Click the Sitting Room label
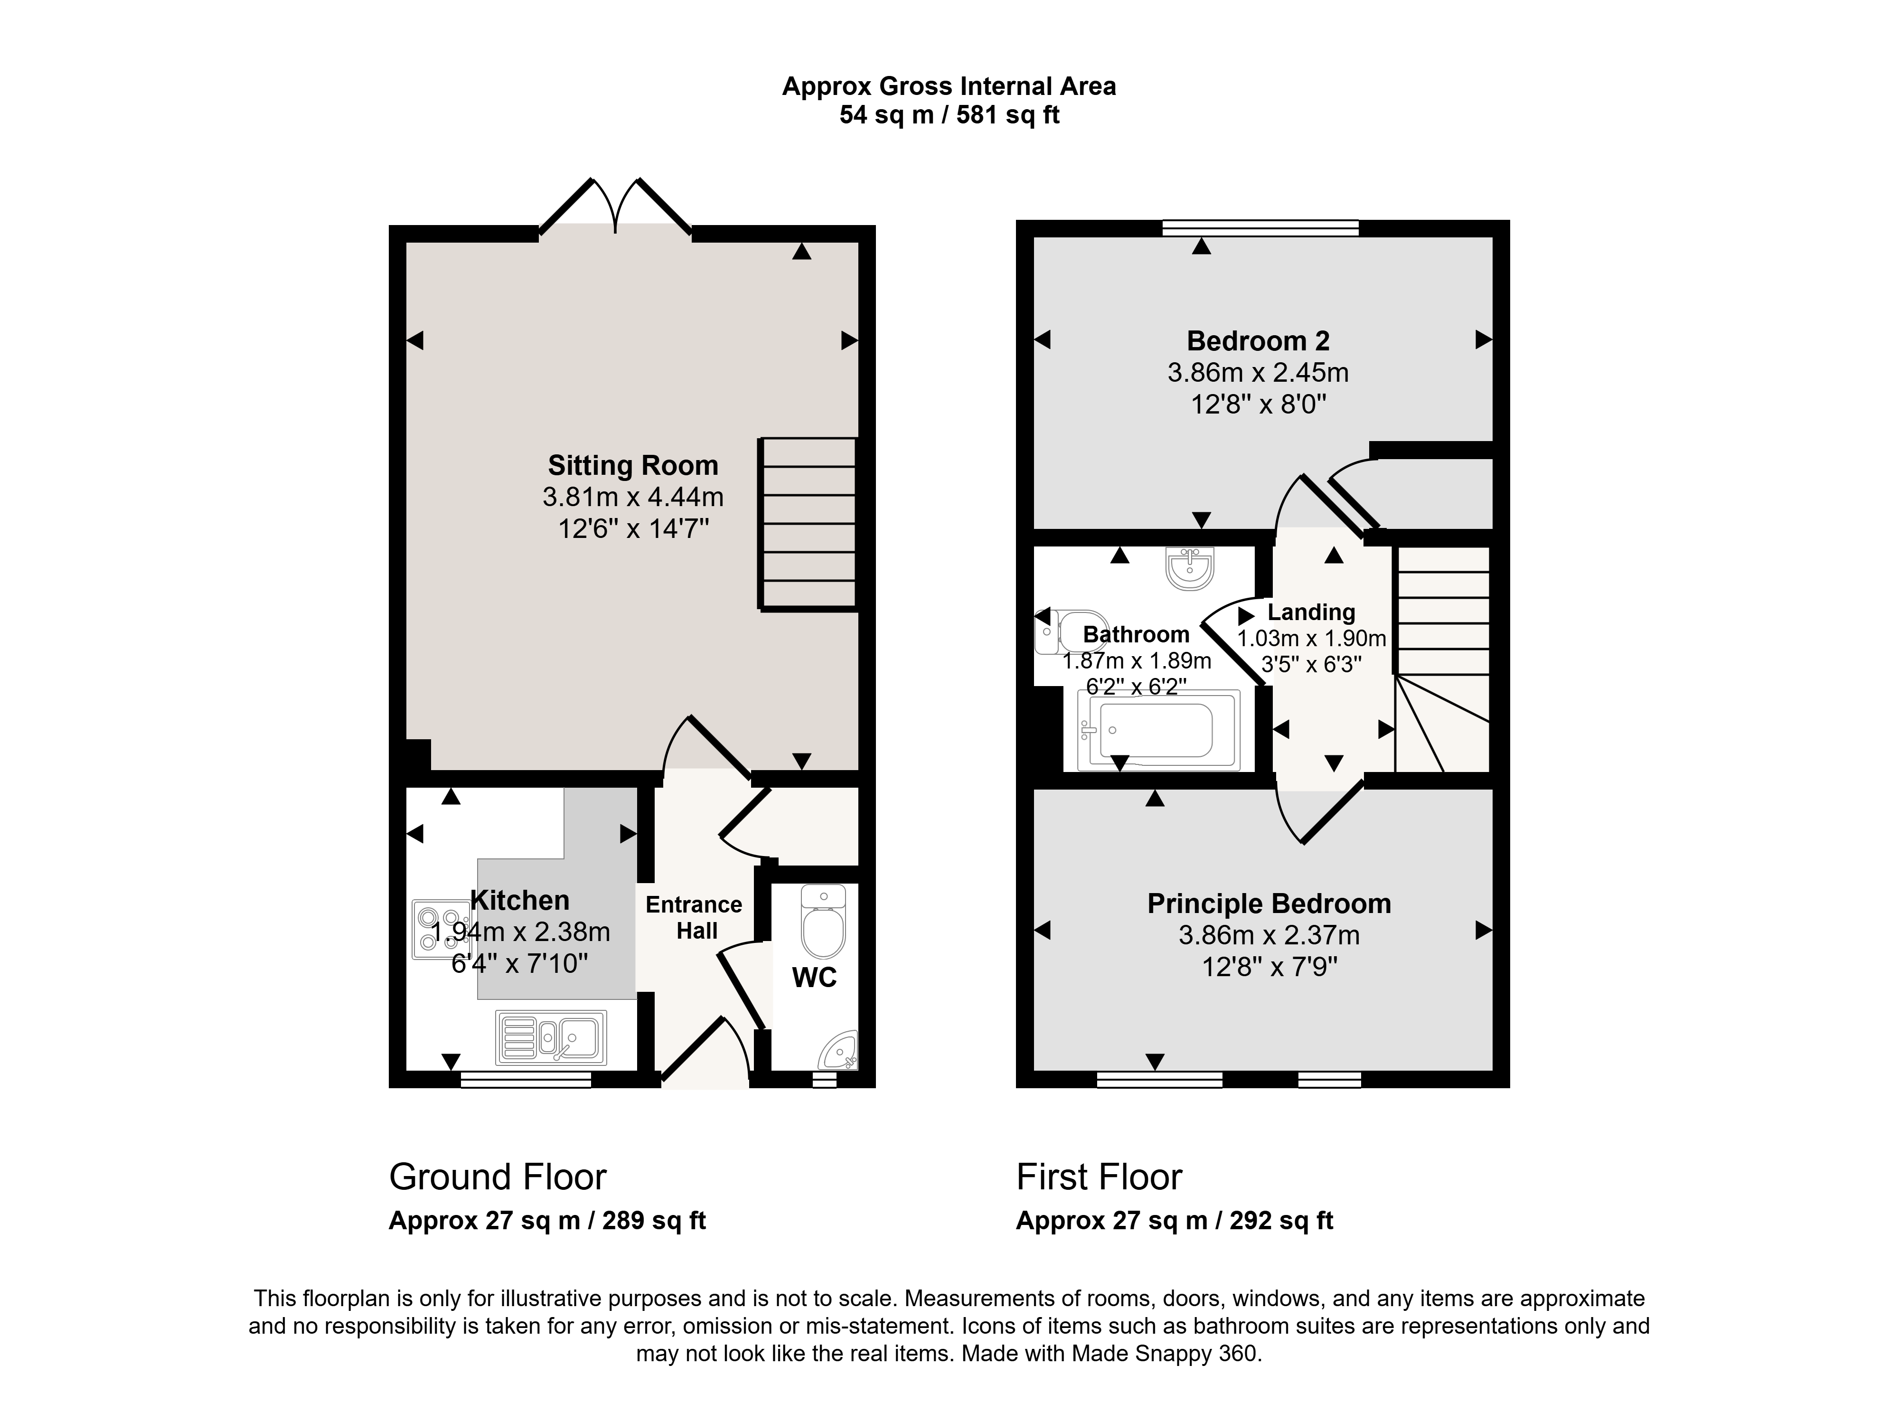633,465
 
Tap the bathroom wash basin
1191,567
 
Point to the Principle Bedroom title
1269,904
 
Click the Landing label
1311,612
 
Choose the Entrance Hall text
694,917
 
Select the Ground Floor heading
498,1177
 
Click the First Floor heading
1099,1177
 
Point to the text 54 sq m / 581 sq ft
949,114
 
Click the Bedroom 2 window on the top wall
1260,227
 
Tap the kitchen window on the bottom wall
526,1079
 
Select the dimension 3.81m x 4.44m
633,497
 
